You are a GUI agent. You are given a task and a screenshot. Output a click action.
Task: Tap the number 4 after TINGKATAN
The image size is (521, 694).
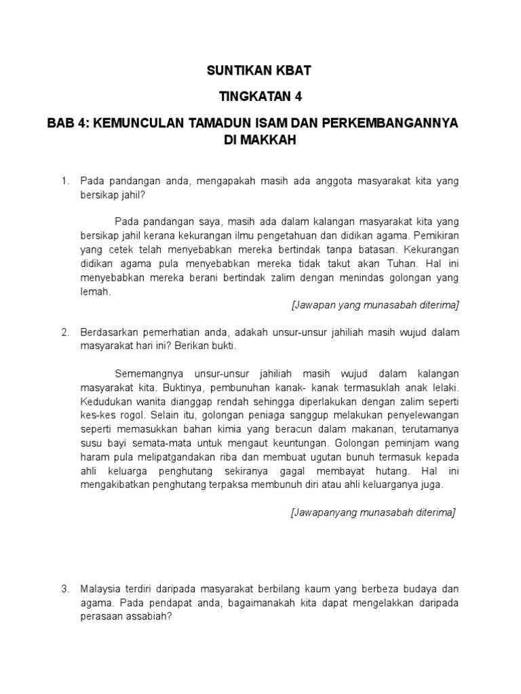tap(297, 97)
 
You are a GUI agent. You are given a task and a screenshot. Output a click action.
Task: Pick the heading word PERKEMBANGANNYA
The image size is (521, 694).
tap(395, 123)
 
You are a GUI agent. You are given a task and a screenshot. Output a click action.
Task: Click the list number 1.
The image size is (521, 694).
tap(64, 181)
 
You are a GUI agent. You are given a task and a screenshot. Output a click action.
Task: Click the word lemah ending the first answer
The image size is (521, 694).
tap(94, 293)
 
